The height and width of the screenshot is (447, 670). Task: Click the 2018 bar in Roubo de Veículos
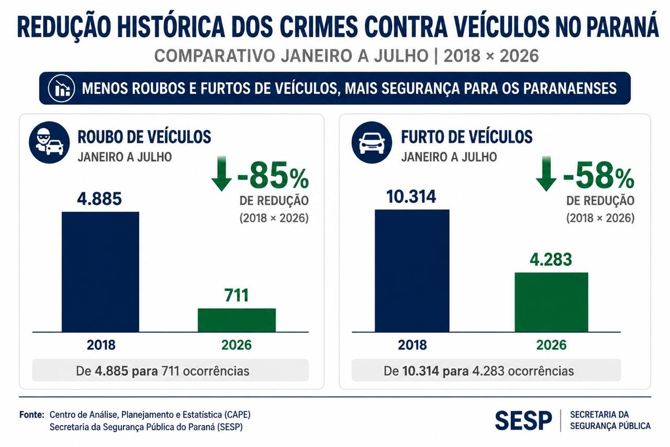click(x=100, y=272)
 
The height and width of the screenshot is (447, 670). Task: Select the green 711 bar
click(x=237, y=320)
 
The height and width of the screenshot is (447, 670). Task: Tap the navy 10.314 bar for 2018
click(x=412, y=270)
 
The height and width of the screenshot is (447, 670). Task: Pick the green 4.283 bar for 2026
click(x=551, y=302)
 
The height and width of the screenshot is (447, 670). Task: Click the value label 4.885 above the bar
click(x=99, y=199)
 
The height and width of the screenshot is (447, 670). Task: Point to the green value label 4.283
click(x=551, y=259)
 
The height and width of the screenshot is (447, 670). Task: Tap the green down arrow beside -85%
click(x=221, y=173)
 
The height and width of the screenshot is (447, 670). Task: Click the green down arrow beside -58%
click(x=546, y=173)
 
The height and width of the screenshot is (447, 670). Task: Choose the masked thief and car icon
click(x=49, y=142)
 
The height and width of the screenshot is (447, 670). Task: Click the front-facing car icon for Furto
click(x=372, y=142)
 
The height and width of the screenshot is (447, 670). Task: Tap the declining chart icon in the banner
click(x=61, y=89)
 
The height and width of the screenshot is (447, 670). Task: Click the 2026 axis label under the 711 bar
click(x=236, y=345)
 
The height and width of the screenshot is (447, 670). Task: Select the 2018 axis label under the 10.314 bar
click(x=412, y=345)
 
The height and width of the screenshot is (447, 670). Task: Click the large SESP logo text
click(x=523, y=421)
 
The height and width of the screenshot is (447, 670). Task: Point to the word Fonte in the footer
click(x=32, y=415)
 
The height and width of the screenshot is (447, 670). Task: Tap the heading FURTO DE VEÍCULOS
click(x=466, y=137)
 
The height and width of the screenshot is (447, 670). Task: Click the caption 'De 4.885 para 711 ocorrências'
click(x=162, y=371)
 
